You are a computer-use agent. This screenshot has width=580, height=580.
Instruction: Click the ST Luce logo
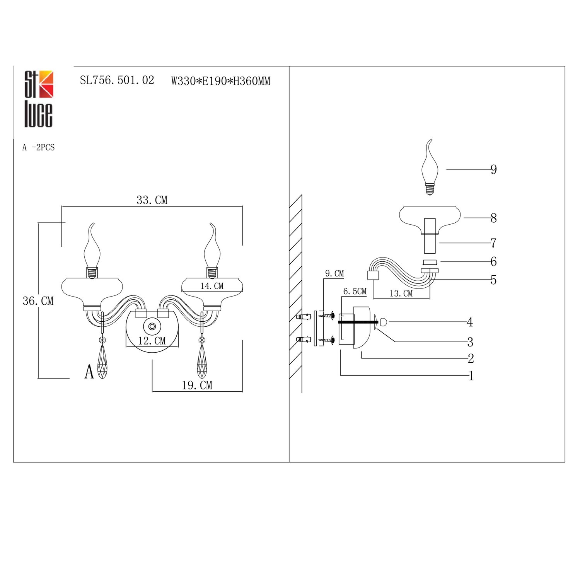[x=39, y=99]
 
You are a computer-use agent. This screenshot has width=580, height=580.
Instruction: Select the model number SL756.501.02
[x=117, y=80]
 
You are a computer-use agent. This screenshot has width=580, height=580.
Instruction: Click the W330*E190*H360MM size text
[x=221, y=81]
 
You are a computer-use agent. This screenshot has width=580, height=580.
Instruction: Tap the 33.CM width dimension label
[x=152, y=200]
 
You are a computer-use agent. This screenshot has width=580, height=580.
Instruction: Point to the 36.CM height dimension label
[x=38, y=301]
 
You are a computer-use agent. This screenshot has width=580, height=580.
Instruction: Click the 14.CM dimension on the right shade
[x=212, y=286]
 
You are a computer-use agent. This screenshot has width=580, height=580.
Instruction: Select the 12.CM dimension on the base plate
[x=152, y=341]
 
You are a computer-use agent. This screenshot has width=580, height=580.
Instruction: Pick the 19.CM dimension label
[x=197, y=385]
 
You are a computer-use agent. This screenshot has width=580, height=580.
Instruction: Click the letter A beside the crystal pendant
[x=89, y=372]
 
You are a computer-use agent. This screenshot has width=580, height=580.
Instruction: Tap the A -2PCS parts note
[x=38, y=147]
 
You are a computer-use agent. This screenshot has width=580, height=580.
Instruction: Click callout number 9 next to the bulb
[x=493, y=169]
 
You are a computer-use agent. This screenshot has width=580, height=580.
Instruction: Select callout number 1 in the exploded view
[x=471, y=376]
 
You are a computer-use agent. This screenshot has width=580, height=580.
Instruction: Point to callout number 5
[x=493, y=280]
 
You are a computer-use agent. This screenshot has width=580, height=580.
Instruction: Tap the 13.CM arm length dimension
[x=401, y=293]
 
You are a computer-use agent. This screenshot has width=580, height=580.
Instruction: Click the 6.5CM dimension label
[x=355, y=291]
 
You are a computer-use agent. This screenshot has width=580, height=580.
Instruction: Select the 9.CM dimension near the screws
[x=334, y=273]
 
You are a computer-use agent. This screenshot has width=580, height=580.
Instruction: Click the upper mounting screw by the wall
[x=326, y=316]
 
